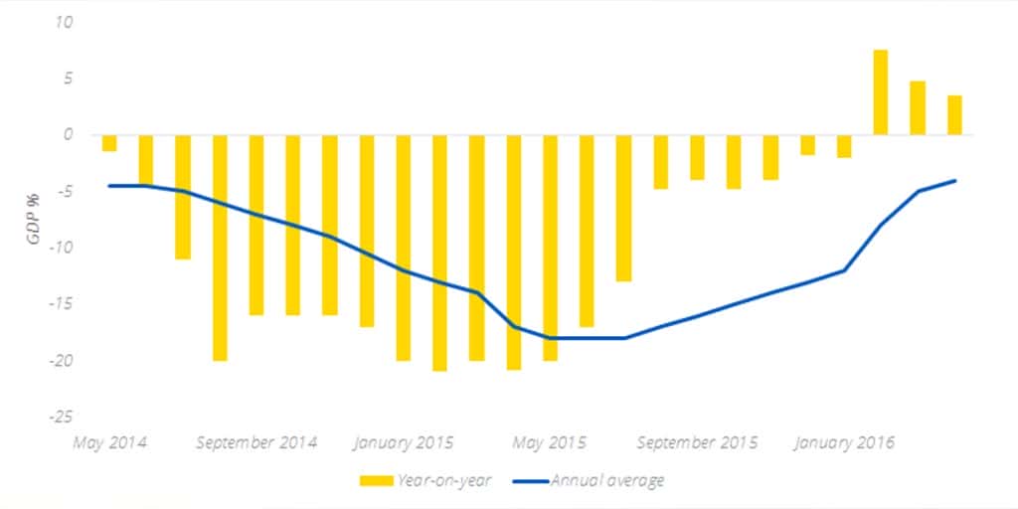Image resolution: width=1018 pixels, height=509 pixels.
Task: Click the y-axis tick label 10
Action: coord(67,22)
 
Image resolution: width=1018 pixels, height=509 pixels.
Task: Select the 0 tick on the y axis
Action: coord(70,135)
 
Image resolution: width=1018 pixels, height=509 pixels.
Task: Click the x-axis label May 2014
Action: coord(108,442)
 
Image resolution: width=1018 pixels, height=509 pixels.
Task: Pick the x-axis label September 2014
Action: coord(256,442)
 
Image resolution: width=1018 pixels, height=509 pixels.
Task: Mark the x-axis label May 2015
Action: coord(549,442)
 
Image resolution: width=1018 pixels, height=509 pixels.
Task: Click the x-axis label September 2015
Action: coord(697,442)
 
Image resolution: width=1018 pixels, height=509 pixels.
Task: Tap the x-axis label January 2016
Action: coord(844,442)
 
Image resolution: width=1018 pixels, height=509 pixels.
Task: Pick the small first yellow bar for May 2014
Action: coord(109,143)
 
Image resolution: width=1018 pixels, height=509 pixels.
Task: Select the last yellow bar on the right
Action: coord(954,114)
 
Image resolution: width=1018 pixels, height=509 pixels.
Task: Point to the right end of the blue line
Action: coord(955,180)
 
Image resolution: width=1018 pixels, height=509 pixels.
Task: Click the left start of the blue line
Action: coord(109,185)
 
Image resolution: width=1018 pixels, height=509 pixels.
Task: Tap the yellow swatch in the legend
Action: coord(377,481)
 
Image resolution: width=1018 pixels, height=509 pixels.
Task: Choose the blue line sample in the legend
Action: coord(530,481)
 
